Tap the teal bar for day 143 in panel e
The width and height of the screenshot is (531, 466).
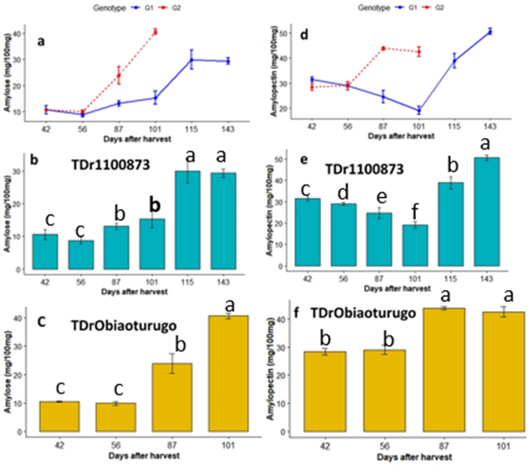pos(487,212)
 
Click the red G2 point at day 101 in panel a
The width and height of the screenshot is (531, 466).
pos(155,32)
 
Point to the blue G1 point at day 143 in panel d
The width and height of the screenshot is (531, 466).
pos(490,32)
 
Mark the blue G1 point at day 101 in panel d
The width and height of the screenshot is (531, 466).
pos(419,110)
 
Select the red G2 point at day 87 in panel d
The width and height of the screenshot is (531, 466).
pos(383,48)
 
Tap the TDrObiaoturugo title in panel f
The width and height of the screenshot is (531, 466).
pos(363,313)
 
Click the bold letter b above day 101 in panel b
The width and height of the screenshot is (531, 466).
pos(155,206)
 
